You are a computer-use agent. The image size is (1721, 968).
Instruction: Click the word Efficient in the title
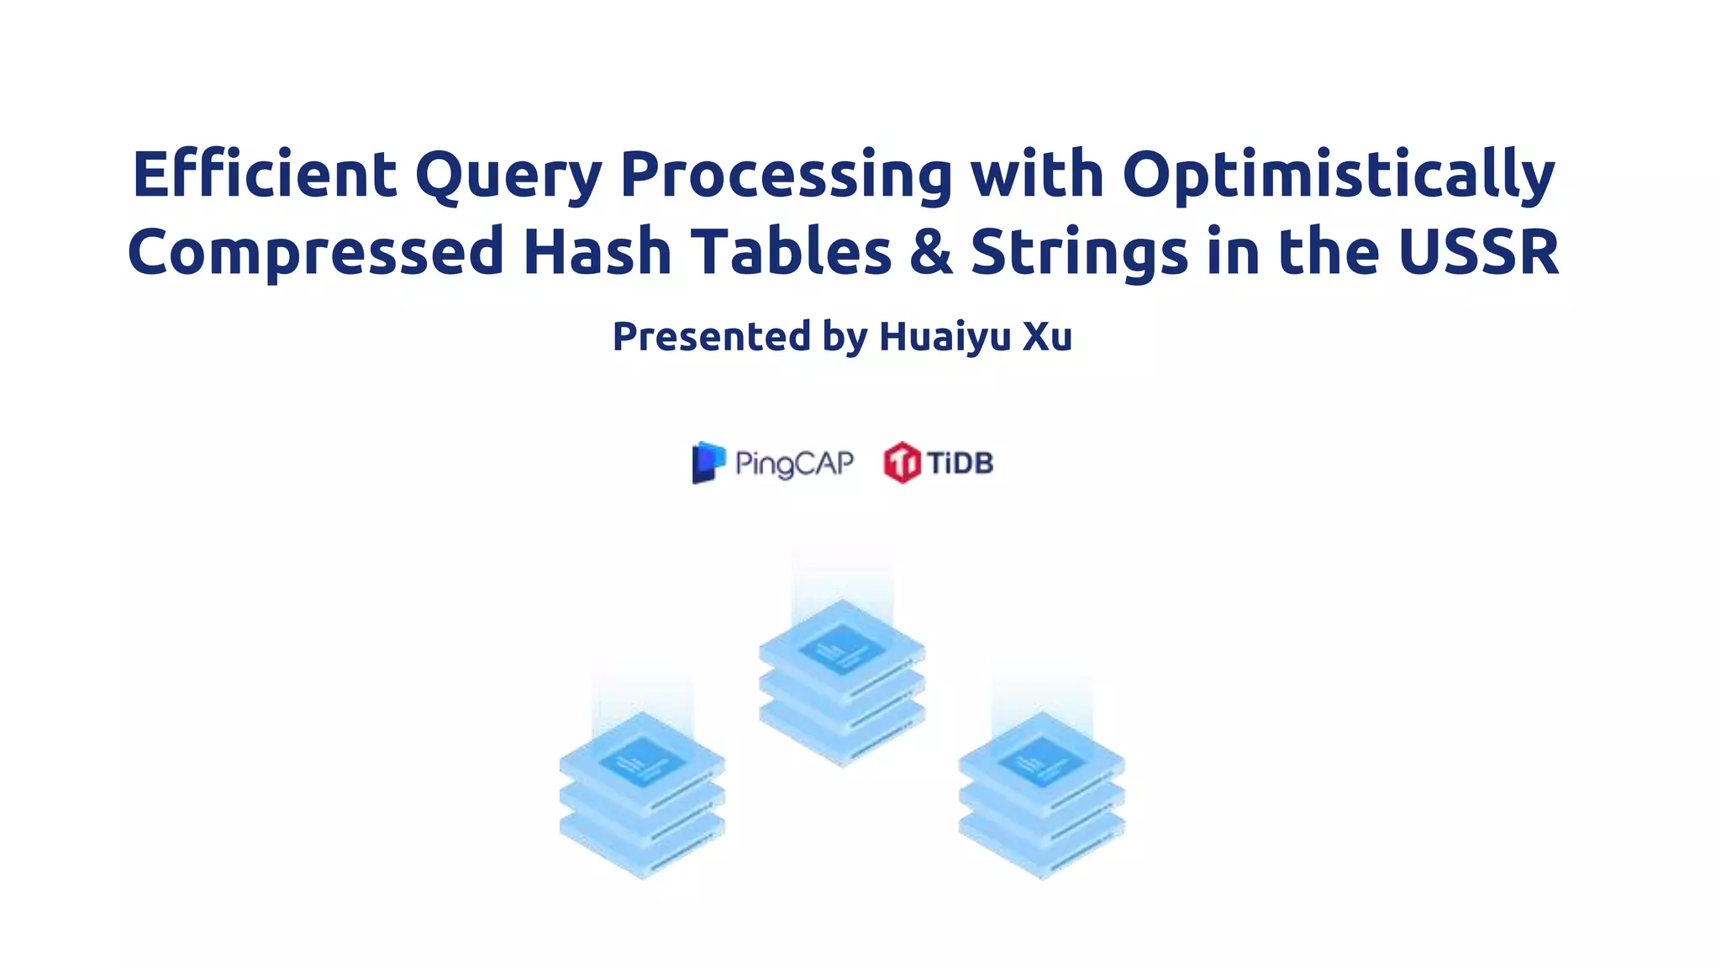coord(264,174)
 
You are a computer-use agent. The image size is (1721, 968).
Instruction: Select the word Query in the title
coord(508,176)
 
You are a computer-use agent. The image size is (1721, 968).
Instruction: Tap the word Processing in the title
coord(786,176)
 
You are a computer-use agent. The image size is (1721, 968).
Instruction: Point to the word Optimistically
coord(1339,176)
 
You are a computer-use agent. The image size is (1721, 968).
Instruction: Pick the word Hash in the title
coord(597,251)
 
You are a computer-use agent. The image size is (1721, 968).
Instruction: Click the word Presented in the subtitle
coord(711,337)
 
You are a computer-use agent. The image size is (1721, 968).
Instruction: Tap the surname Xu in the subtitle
coord(1047,336)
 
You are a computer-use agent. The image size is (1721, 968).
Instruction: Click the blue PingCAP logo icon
coord(708,462)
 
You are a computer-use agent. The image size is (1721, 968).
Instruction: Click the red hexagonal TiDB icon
coord(902,462)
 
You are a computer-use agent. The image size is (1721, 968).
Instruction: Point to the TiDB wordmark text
coord(960,462)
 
